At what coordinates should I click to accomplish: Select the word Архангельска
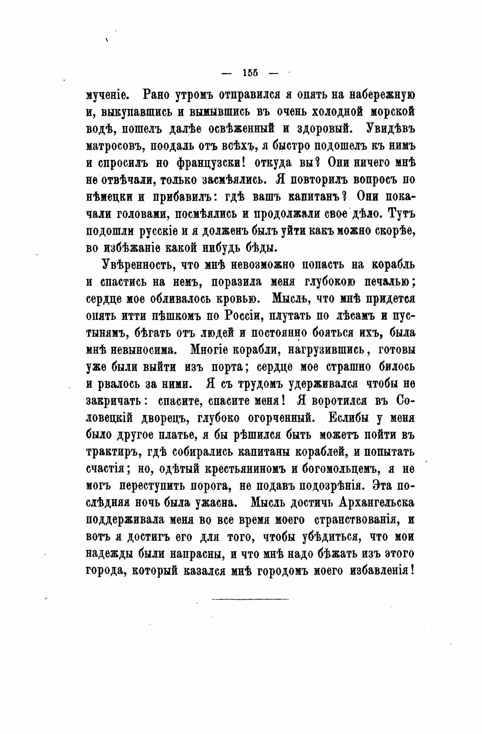(x=376, y=503)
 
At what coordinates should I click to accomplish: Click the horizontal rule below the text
(x=249, y=599)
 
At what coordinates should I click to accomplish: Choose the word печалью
(x=387, y=282)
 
